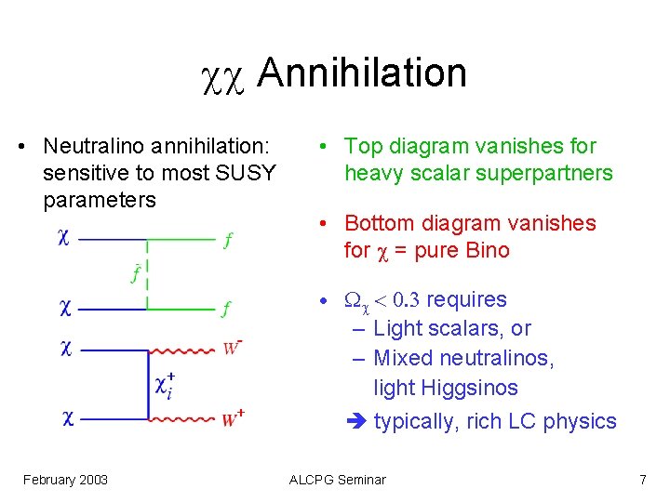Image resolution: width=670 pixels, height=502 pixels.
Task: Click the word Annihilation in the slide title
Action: [x=361, y=73]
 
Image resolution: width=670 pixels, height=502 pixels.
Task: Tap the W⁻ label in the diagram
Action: [x=233, y=349]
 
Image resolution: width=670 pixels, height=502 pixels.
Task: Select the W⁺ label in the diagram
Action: [x=234, y=419]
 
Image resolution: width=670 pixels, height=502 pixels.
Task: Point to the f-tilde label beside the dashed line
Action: [x=136, y=273]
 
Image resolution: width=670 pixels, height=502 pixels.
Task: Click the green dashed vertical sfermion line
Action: [x=149, y=273]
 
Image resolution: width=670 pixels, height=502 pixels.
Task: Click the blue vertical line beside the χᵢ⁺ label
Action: [x=149, y=385]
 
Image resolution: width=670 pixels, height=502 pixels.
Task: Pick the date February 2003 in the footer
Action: [x=65, y=480]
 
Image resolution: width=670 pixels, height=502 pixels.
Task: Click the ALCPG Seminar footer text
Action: [x=337, y=480]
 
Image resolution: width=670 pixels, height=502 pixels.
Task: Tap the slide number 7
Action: [x=642, y=480]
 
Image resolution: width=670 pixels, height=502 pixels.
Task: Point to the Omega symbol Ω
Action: [x=353, y=300]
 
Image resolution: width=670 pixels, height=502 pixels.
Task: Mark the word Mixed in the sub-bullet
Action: [x=402, y=358]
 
